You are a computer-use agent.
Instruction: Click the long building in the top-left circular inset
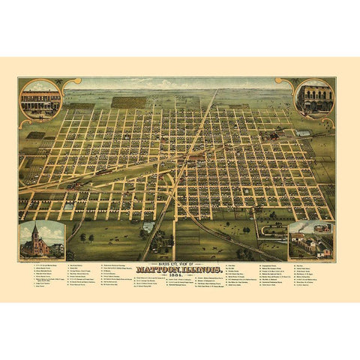[41, 100]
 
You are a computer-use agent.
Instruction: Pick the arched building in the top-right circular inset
[314, 99]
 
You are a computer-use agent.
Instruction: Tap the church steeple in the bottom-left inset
[34, 231]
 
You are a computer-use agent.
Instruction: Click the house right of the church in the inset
[57, 248]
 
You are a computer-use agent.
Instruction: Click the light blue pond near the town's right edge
[302, 133]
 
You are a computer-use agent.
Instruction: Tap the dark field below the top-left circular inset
[35, 135]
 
